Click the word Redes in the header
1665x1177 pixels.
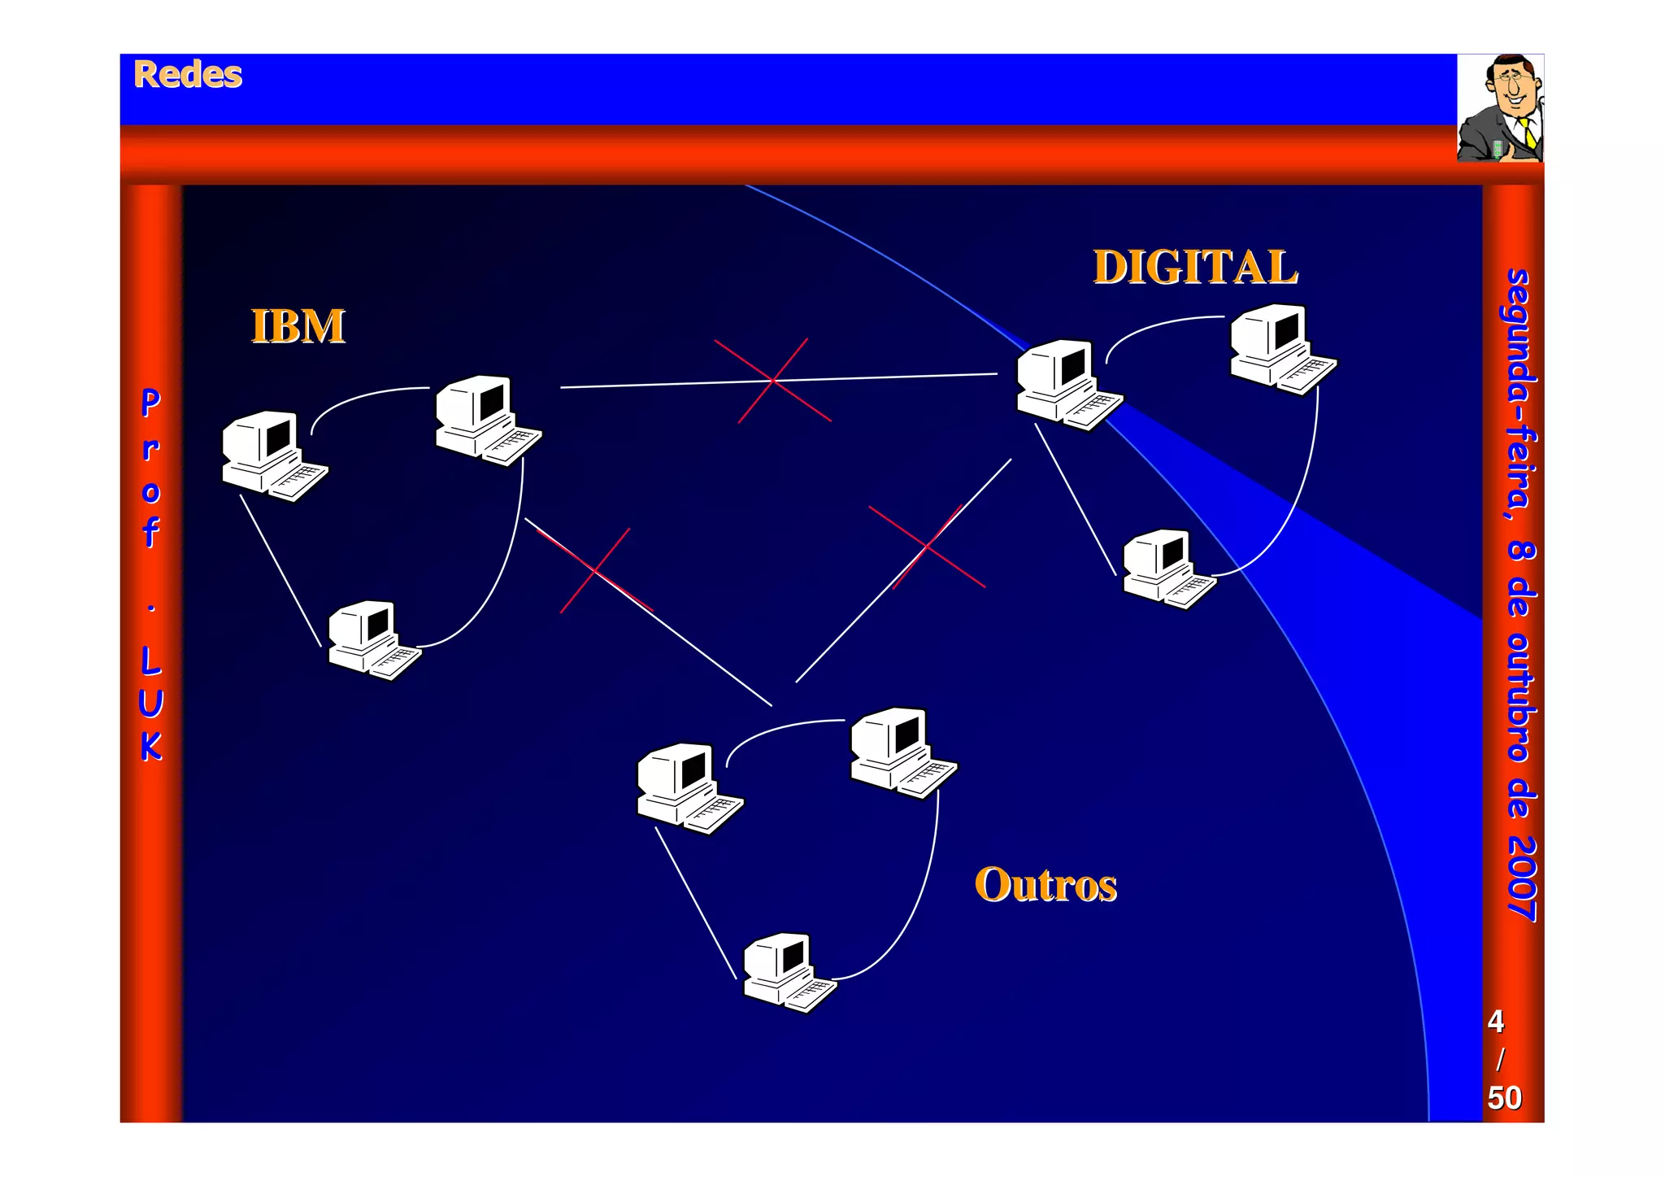[188, 75]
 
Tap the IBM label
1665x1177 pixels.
[298, 327]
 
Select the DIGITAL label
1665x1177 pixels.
[1195, 268]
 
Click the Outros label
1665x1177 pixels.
[1046, 885]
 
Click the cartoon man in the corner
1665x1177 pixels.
[1500, 108]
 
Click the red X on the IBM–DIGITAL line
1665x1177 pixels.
[772, 380]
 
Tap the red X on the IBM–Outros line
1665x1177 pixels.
[595, 570]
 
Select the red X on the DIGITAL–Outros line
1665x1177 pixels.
[927, 547]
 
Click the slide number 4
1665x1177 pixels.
[1495, 1022]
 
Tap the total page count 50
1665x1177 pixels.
[1504, 1098]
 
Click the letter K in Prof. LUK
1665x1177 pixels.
[151, 746]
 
